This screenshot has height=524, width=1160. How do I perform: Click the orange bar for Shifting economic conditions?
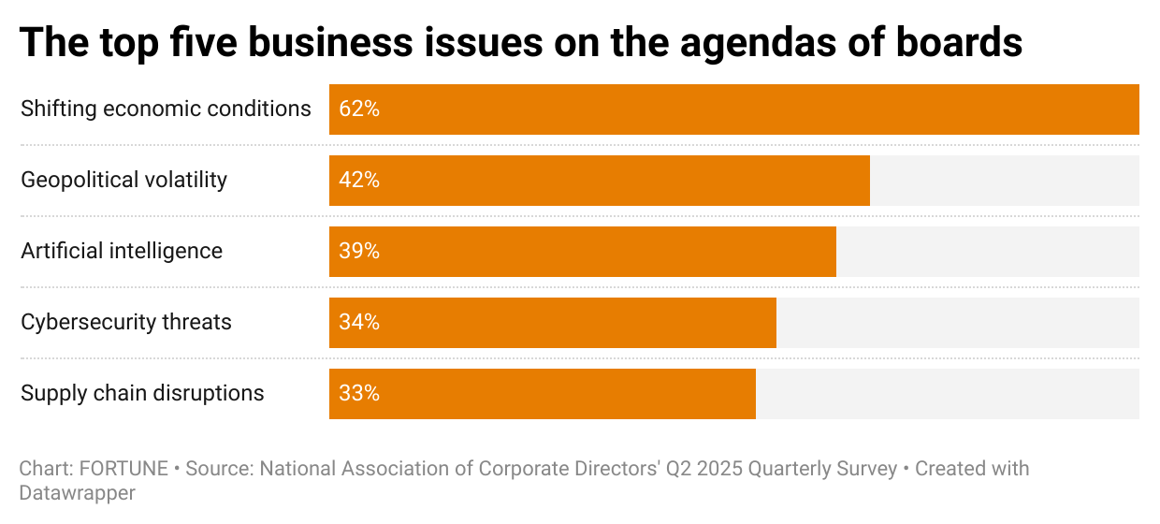click(x=734, y=109)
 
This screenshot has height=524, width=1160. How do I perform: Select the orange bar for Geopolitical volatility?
click(x=600, y=181)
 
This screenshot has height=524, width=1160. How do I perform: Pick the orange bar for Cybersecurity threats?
click(x=553, y=323)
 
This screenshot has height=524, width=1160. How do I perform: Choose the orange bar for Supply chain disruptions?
click(x=543, y=394)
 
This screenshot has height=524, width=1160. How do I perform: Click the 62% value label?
click(x=359, y=109)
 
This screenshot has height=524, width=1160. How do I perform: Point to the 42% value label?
click(x=359, y=181)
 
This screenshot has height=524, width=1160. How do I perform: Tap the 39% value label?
click(x=359, y=252)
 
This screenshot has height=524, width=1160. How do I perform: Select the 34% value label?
click(x=359, y=323)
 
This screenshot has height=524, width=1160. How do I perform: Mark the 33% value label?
click(x=359, y=394)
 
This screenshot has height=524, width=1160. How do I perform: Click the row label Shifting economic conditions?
click(x=166, y=109)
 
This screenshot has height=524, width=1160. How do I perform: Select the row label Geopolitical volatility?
click(x=123, y=180)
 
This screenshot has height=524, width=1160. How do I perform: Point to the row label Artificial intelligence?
click(x=122, y=251)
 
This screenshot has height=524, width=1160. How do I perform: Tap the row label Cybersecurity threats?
click(x=126, y=322)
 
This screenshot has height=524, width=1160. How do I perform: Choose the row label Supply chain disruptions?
click(x=142, y=393)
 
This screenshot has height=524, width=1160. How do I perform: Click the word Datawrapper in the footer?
click(x=78, y=493)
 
